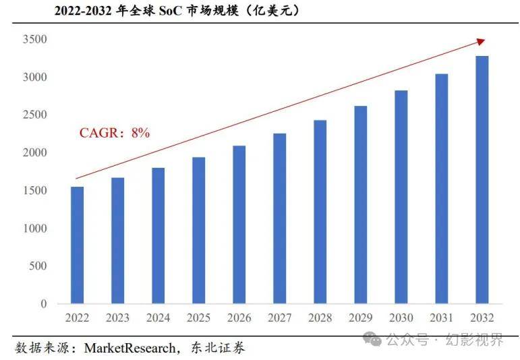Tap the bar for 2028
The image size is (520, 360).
[320, 212]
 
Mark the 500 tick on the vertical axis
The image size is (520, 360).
[38, 266]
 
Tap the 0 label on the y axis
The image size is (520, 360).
[43, 304]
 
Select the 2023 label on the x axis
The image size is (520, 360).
[118, 318]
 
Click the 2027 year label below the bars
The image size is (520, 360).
[279, 318]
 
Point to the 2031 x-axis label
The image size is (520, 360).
[441, 318]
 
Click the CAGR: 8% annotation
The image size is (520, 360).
[114, 133]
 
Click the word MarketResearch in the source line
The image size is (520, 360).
[128, 348]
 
